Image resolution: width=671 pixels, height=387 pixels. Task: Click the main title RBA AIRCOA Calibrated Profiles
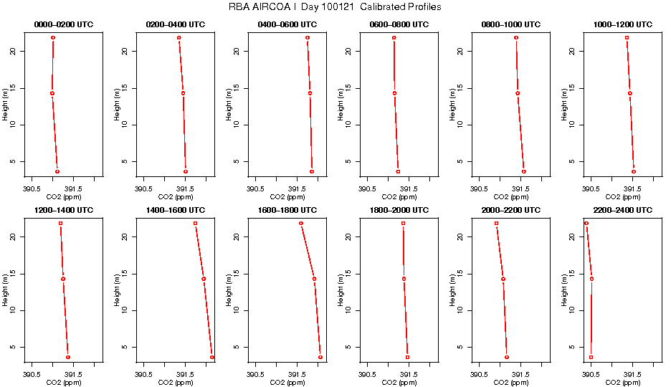click(x=335, y=6)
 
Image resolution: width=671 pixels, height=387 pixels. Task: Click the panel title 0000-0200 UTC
click(x=63, y=24)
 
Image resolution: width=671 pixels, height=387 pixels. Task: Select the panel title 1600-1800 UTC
click(x=287, y=210)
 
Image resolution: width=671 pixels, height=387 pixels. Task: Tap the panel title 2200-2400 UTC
click(x=623, y=210)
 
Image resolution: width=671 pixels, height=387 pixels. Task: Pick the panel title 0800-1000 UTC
click(x=511, y=24)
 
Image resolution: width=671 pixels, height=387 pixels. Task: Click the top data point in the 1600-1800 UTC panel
click(x=301, y=223)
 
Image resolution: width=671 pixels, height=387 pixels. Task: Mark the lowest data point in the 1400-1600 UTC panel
click(x=212, y=357)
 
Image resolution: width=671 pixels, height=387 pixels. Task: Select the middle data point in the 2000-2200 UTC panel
click(x=503, y=279)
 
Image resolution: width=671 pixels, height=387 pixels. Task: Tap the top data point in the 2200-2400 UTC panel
click(x=586, y=223)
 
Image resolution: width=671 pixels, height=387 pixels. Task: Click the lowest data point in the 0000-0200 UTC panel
click(x=57, y=171)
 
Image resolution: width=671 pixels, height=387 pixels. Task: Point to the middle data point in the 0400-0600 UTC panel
click(x=310, y=93)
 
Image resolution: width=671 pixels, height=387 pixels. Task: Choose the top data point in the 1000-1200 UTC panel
click(x=627, y=37)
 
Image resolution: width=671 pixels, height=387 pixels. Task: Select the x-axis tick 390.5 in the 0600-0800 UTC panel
click(x=368, y=188)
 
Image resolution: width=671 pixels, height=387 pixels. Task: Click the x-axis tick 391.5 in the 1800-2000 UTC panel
click(x=409, y=374)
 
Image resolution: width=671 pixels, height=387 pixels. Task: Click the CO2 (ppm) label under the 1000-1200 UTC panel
click(x=623, y=197)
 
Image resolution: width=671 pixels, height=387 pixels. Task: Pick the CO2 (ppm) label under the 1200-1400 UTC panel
click(x=63, y=383)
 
